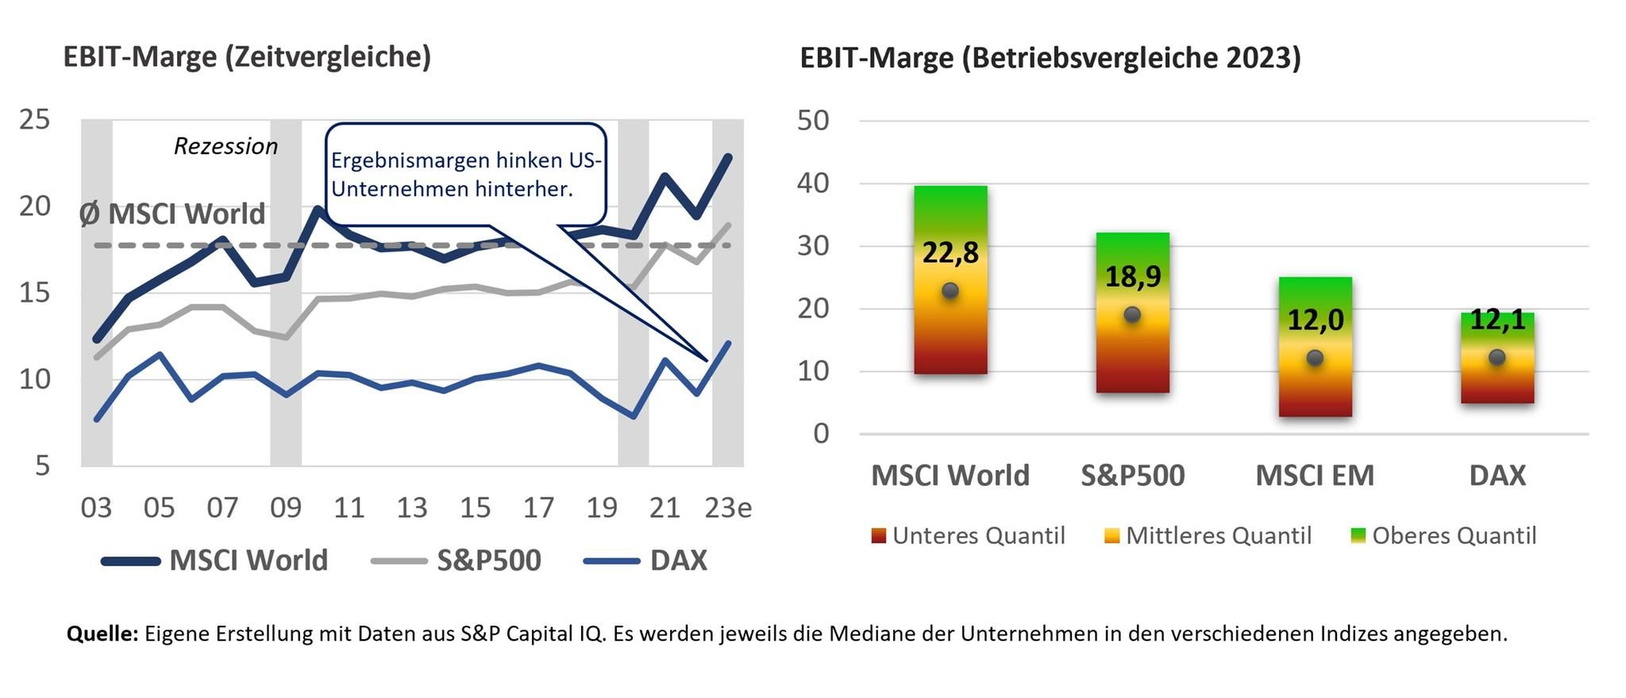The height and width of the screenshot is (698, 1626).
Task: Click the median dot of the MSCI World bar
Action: [950, 291]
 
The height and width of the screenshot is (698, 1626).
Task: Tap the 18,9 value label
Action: [1132, 276]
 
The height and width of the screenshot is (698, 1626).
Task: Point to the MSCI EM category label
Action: [1314, 476]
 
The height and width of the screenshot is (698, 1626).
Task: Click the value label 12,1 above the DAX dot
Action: [1497, 319]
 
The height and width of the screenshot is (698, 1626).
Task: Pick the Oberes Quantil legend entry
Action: [1443, 536]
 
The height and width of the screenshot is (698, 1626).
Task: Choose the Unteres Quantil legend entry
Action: [969, 536]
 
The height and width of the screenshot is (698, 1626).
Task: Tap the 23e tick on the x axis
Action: [728, 507]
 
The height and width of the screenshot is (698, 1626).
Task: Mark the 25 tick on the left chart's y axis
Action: [34, 120]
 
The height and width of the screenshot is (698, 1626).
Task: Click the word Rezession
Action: [225, 146]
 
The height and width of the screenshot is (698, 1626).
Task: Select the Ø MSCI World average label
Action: [172, 214]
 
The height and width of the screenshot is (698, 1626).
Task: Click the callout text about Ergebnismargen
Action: [466, 175]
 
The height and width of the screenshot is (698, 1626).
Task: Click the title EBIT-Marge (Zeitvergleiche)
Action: [247, 57]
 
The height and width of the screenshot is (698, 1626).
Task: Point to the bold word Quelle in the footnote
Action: [102, 634]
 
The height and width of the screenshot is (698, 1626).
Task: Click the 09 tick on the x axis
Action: [286, 507]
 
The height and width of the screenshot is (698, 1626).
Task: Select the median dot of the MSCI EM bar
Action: [1315, 358]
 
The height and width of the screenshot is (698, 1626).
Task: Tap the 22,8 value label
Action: [950, 253]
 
